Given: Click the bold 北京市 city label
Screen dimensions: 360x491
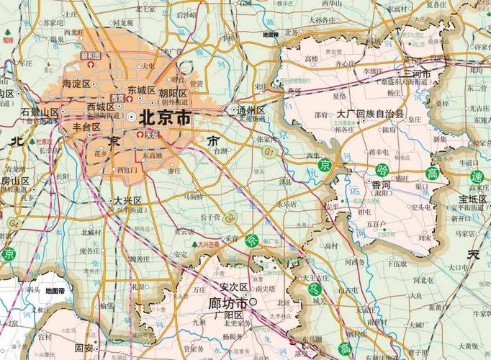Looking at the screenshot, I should pos(166,117).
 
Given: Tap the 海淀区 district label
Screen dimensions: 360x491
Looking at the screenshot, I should pos(76,84).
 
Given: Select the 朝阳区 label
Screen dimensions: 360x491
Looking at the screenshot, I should pos(173,94).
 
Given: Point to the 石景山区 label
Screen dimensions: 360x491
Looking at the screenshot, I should pos(40,112).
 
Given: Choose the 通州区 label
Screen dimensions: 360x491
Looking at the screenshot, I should pos(251,111).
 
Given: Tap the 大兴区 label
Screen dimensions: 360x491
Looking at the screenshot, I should pos(127,200).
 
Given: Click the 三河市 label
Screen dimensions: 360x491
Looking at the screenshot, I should pos(418,74).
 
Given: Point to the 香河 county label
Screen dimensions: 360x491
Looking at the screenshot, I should pos(382,185).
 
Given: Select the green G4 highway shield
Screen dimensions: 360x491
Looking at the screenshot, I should pos(13,223).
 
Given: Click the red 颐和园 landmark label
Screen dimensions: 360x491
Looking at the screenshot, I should pos(91,55).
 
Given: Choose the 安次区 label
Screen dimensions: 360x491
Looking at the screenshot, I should pos(234,287).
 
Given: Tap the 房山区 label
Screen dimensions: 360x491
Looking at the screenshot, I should pos(14,181).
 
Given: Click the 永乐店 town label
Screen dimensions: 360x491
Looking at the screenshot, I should pos(287,203).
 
